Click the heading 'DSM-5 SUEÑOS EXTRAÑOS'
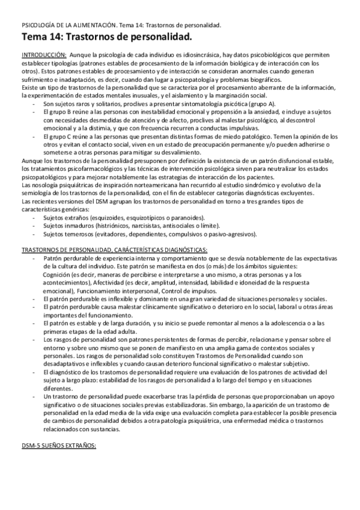pos(58,446)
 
